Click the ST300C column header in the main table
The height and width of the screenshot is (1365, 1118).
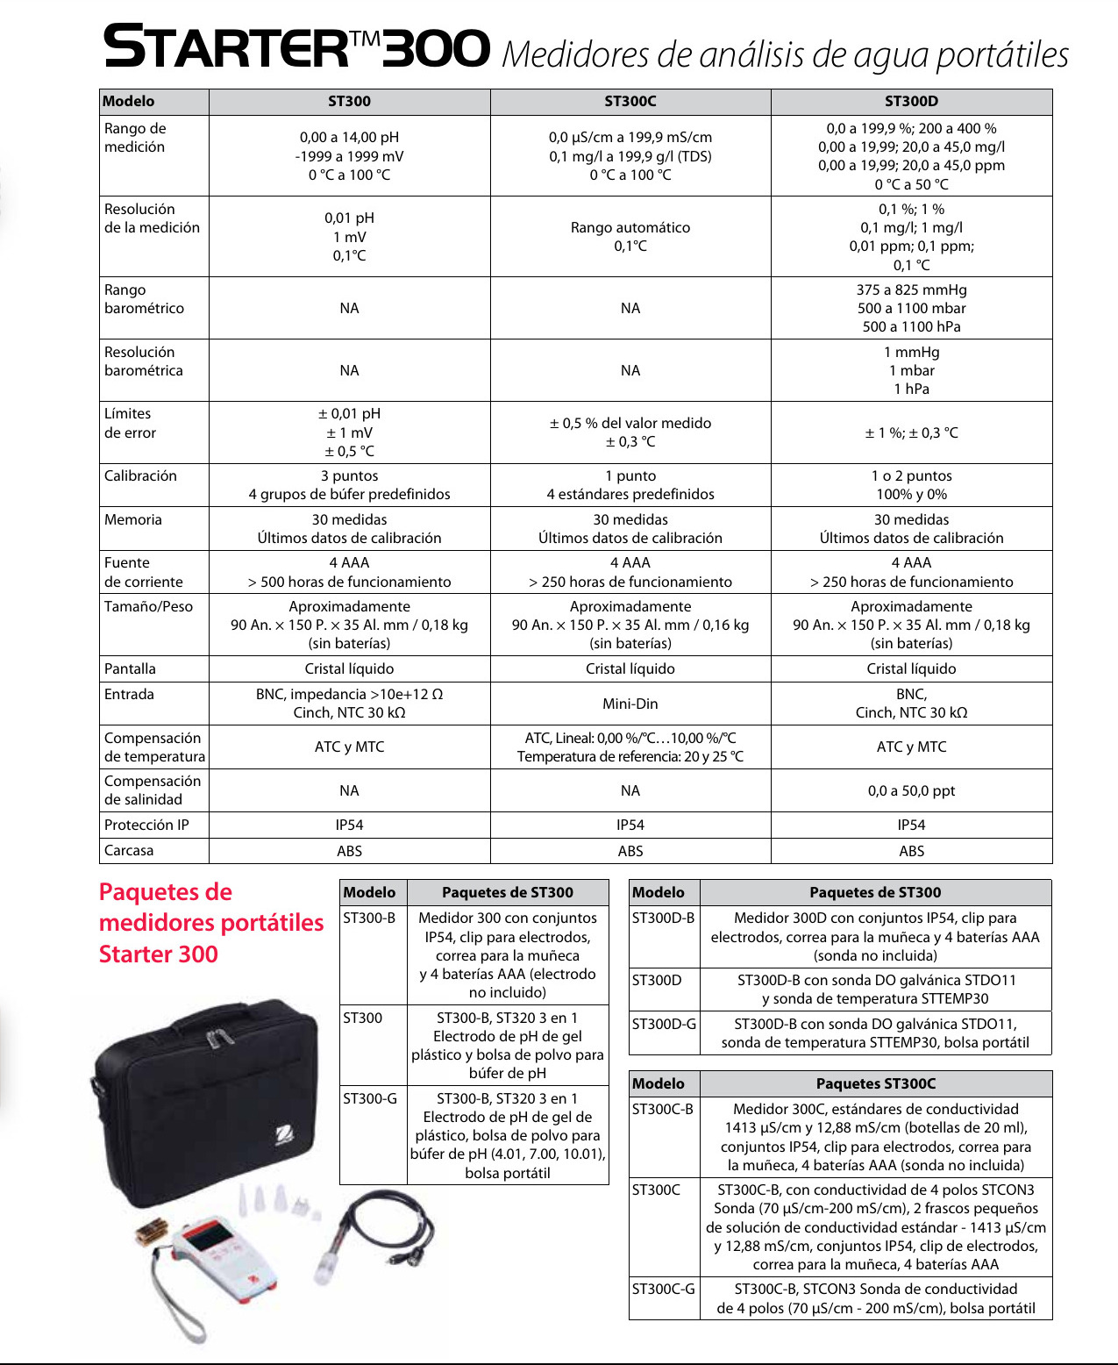coord(630,101)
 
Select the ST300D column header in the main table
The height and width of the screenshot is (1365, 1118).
coord(911,101)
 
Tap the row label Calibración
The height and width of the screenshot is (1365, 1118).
coord(140,475)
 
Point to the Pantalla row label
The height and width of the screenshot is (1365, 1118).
coord(130,668)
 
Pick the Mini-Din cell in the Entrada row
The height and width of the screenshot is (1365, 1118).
coord(630,704)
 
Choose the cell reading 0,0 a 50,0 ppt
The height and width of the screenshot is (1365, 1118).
coord(911,790)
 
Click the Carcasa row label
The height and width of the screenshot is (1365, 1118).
coord(129,850)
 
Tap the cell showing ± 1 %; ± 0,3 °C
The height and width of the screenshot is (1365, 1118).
coord(911,432)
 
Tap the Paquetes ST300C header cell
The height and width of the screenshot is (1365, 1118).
coord(875,1083)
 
